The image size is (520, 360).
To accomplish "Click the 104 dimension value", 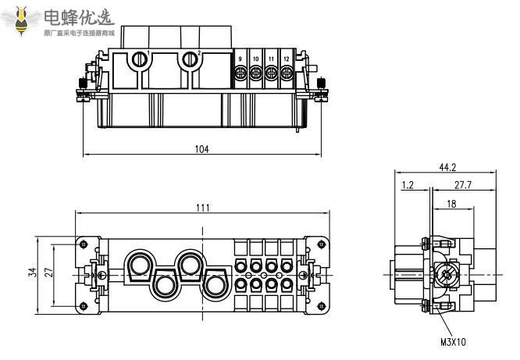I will (x=201, y=149).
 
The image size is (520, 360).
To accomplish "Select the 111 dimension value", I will (x=202, y=207).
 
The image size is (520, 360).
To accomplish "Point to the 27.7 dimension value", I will (x=462, y=186).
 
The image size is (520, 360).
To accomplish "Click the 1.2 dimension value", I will (x=408, y=186).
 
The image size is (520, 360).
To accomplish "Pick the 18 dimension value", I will (x=451, y=203).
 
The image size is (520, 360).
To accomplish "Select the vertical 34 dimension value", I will (x=31, y=273).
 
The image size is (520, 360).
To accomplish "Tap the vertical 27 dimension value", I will (x=48, y=273).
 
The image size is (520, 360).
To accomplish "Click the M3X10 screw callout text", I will (x=453, y=341).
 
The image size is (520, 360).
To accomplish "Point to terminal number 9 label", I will (x=240, y=59).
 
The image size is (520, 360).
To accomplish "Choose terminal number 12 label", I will (x=287, y=59).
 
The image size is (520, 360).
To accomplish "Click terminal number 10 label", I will (x=256, y=59).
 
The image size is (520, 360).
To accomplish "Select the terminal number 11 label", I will (x=271, y=59).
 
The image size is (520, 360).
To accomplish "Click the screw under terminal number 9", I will (x=241, y=73).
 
